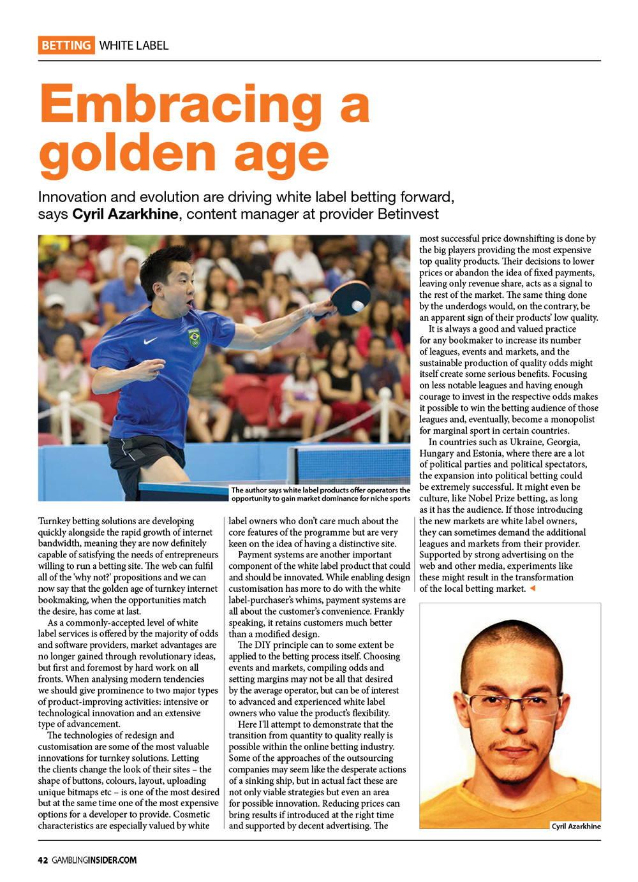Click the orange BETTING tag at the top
[x=66, y=45]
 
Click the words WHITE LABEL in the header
[x=134, y=45]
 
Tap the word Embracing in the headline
[x=204, y=105]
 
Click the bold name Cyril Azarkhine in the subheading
[x=125, y=214]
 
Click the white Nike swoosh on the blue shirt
[x=151, y=341]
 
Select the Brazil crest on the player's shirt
[x=193, y=337]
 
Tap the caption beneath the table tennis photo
[x=320, y=494]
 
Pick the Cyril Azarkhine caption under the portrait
[x=576, y=826]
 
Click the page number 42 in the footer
[x=43, y=860]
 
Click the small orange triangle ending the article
[x=532, y=589]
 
